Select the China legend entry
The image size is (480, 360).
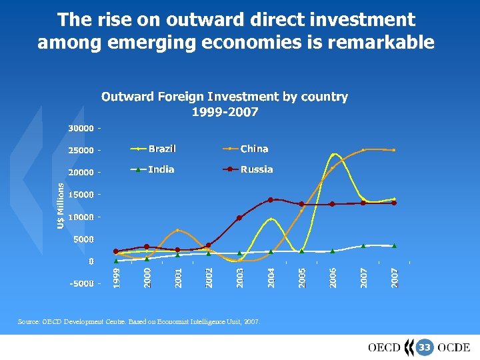pyautogui.click(x=254, y=149)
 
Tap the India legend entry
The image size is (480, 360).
pyautogui.click(x=161, y=169)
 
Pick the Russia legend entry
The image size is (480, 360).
pyautogui.click(x=257, y=169)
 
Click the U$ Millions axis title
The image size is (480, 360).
pyautogui.click(x=60, y=206)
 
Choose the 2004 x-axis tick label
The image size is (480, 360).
pyautogui.click(x=271, y=277)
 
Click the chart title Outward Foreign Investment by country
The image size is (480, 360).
pyautogui.click(x=225, y=97)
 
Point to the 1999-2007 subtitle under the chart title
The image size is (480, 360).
pyautogui.click(x=225, y=112)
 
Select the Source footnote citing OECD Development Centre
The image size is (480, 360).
pyautogui.click(x=139, y=321)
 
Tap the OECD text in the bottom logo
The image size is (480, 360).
pyautogui.click(x=384, y=347)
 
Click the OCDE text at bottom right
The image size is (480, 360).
pyautogui.click(x=455, y=347)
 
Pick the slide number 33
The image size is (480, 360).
pyautogui.click(x=424, y=347)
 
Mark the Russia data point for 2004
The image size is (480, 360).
pyautogui.click(x=271, y=199)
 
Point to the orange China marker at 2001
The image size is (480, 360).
pyautogui.click(x=177, y=231)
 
